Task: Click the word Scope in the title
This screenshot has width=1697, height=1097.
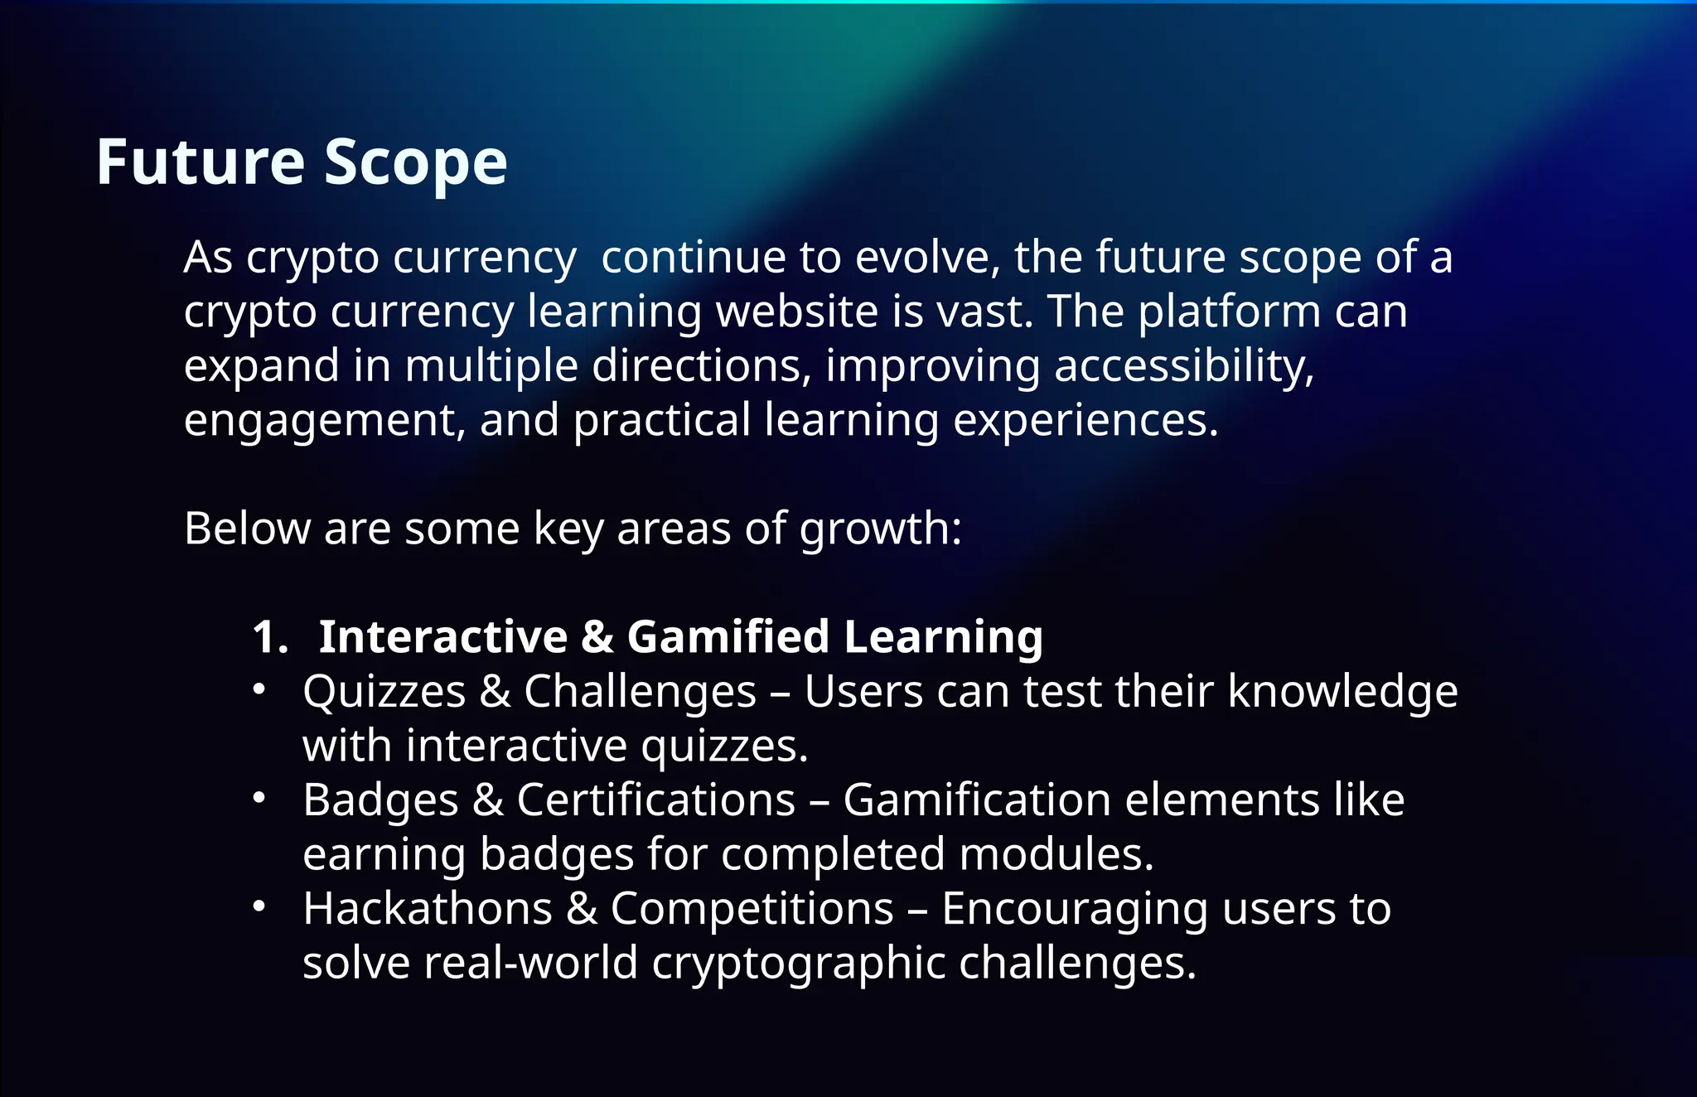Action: click(415, 163)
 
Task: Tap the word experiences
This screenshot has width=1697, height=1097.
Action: click(1085, 421)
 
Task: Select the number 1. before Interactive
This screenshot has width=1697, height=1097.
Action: click(270, 637)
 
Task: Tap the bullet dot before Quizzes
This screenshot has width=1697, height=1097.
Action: click(259, 689)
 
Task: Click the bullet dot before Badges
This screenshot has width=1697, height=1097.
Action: click(259, 798)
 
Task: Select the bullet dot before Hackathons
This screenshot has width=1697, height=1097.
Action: click(259, 906)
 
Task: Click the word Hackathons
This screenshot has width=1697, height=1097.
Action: click(428, 909)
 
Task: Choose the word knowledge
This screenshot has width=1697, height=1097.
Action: click(1342, 691)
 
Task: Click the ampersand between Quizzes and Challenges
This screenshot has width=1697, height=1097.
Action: click(495, 692)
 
